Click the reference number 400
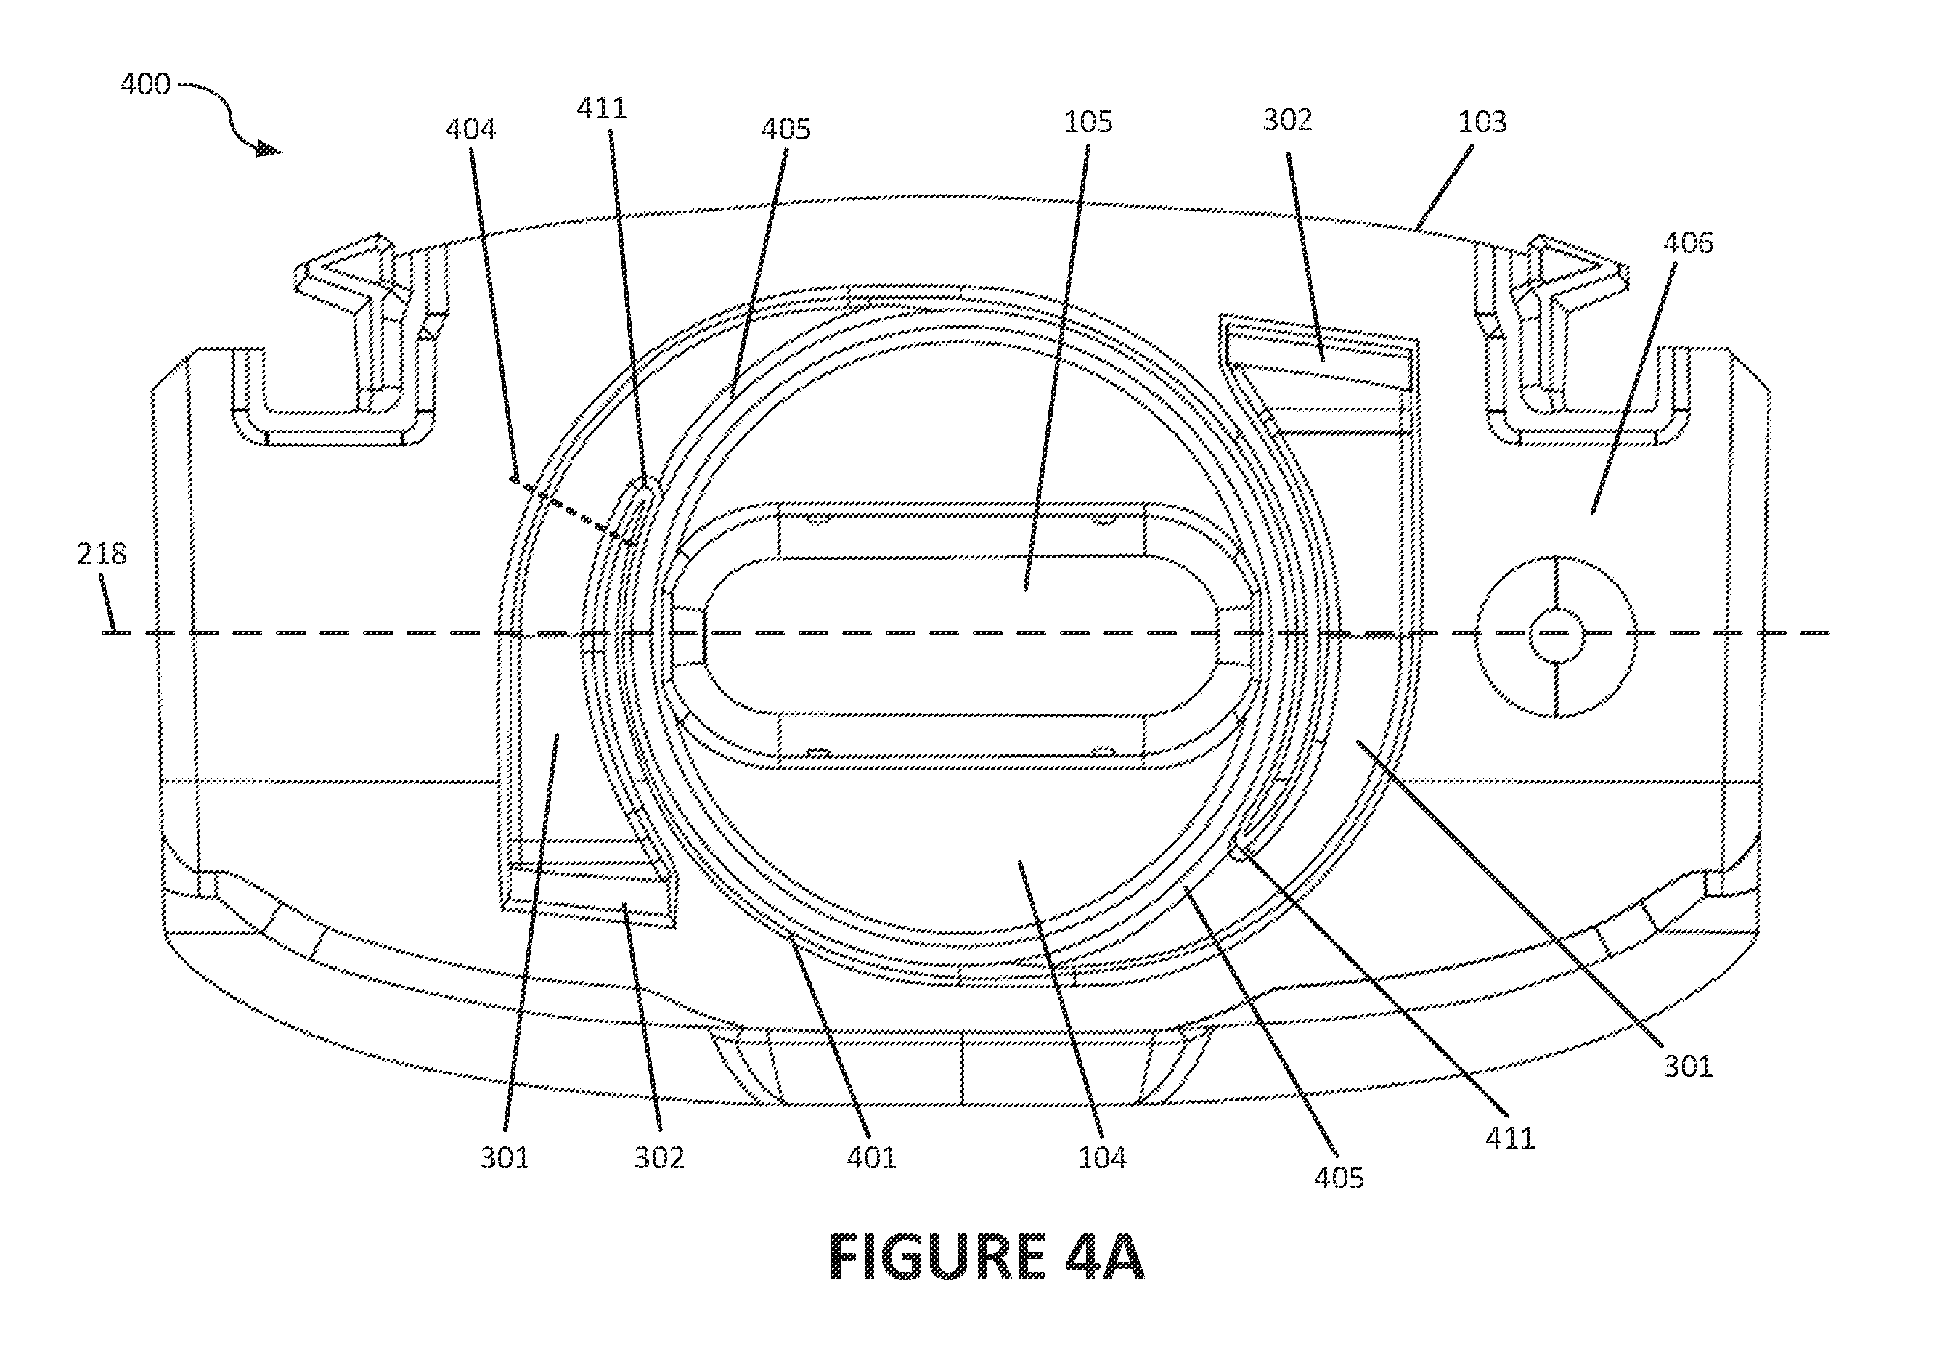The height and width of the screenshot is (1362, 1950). click(145, 84)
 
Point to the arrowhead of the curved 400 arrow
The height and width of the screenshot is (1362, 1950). click(269, 150)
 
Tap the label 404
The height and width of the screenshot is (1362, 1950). click(470, 129)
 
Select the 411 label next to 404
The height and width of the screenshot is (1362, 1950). click(601, 108)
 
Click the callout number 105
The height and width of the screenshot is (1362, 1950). click(1088, 122)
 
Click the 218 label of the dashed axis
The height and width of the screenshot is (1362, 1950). click(102, 554)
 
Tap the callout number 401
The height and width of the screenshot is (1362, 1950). click(871, 1157)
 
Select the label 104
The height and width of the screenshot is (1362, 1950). click(1101, 1157)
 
